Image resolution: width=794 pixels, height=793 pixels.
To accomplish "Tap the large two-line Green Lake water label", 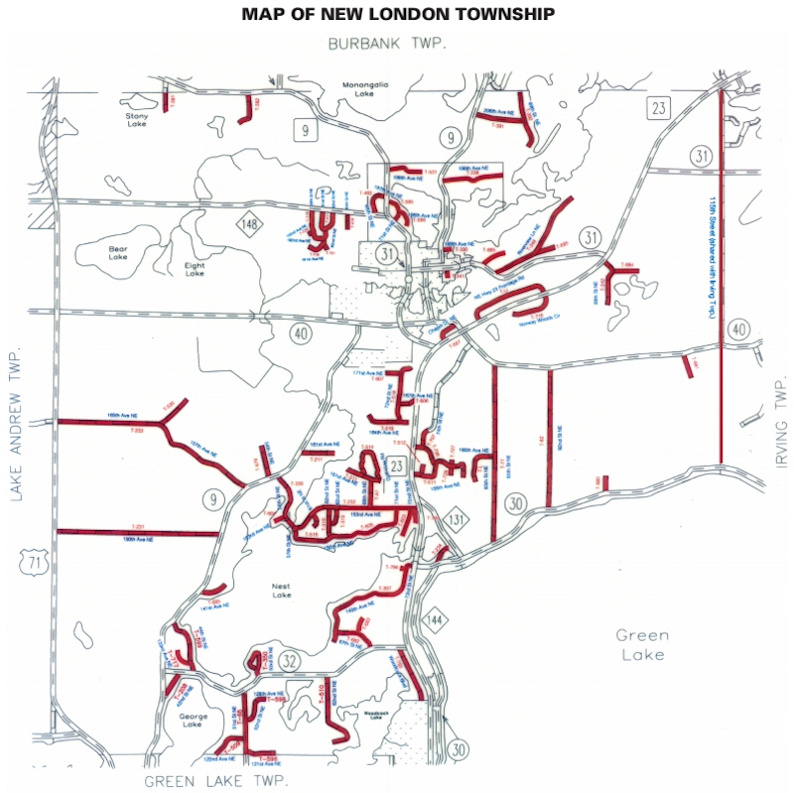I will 641,644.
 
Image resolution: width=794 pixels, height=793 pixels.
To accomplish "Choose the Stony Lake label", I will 137,119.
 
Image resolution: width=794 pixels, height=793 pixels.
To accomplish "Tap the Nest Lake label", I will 281,592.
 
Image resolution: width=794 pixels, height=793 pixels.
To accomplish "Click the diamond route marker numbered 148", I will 248,225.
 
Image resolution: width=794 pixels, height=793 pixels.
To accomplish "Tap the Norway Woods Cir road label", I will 538,319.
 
